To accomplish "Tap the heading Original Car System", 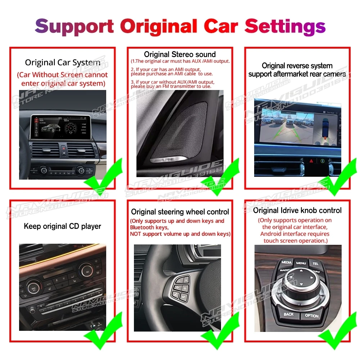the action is (x=62, y=63).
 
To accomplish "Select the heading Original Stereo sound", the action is (x=180, y=54).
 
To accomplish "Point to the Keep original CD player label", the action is (x=62, y=226).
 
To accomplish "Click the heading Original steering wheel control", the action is (x=180, y=212).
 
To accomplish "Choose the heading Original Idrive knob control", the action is (x=297, y=210).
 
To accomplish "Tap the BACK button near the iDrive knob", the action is (x=288, y=314).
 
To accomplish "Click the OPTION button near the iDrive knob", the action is (x=312, y=315).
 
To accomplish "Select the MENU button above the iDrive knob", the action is (x=301, y=264).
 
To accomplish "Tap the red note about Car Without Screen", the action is (x=62, y=79).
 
